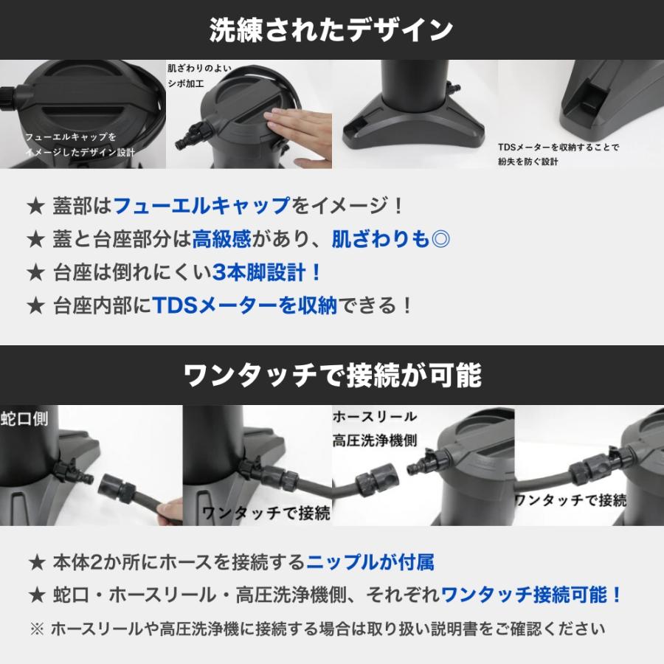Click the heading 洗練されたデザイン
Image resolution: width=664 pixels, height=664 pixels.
[331, 30]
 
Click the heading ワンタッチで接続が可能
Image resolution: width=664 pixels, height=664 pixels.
[331, 376]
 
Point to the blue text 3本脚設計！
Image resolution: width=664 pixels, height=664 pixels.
[268, 272]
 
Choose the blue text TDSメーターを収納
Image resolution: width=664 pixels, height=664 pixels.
[244, 305]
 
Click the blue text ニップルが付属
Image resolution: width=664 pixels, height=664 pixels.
[370, 563]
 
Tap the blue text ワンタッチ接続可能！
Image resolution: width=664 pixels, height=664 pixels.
[532, 595]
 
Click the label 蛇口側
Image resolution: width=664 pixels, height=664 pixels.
[24, 418]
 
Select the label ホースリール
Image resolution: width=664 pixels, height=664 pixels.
[375, 417]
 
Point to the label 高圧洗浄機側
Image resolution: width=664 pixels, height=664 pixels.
[375, 440]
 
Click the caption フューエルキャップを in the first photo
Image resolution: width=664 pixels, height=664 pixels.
[71, 137]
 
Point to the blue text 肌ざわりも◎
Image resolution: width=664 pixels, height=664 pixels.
[391, 239]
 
